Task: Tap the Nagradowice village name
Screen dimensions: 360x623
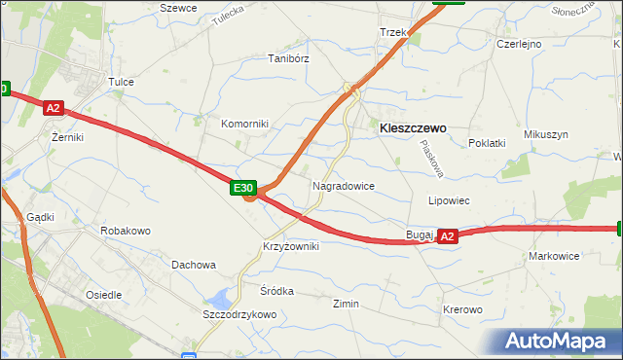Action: tap(343, 185)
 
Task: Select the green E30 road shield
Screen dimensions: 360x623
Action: tap(243, 188)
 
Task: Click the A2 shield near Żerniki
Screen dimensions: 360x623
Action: tap(54, 110)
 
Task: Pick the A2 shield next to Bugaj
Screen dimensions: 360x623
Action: tap(447, 235)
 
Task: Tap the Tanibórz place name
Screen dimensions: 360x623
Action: tap(288, 58)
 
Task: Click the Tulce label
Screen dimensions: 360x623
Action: tap(121, 83)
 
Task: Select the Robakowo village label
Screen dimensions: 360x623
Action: tap(126, 232)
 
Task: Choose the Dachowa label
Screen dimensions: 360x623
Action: tap(193, 265)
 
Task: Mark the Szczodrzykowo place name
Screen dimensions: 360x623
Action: tap(239, 315)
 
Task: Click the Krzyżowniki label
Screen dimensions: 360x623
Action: tap(290, 247)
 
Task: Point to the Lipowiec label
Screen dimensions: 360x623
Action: tap(450, 200)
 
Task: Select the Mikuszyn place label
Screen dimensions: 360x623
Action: tap(545, 134)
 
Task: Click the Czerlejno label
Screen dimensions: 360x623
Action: tap(518, 44)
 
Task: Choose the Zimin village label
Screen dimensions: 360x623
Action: tap(346, 304)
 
